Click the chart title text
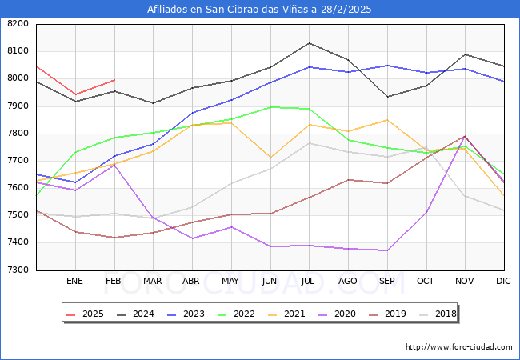click(259, 10)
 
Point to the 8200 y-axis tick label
click(17, 24)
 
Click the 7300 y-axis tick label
click(17, 270)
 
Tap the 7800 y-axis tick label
click(17, 134)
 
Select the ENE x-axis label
click(75, 282)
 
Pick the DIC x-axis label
click(503, 282)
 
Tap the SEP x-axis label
click(386, 282)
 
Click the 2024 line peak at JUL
click(309, 43)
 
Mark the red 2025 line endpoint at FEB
click(114, 80)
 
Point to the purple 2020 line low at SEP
click(386, 250)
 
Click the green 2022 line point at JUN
click(270, 106)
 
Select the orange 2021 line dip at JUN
click(270, 158)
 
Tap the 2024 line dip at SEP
click(386, 97)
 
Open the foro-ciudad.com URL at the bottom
click(458, 347)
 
